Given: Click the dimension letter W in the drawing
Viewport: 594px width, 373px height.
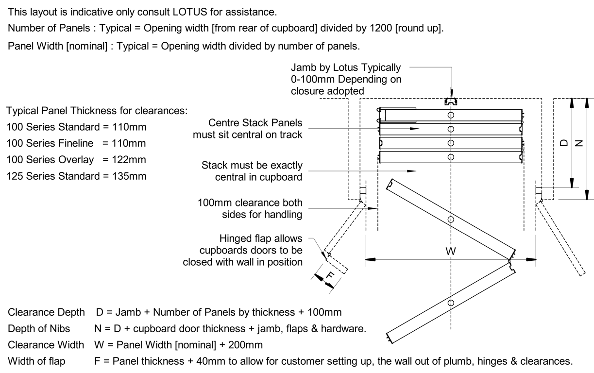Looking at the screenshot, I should tap(451, 253).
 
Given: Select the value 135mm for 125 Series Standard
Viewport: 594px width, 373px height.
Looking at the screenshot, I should tap(130, 176).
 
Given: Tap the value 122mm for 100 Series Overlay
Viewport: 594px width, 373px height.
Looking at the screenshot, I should tap(130, 160).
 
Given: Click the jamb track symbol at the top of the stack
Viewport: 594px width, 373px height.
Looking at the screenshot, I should tap(451, 102).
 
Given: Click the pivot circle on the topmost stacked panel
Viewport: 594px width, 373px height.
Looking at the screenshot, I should tap(451, 115).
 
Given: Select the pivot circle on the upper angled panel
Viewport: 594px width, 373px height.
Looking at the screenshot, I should tap(451, 220).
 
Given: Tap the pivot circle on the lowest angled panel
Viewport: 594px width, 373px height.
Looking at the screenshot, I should tap(451, 303).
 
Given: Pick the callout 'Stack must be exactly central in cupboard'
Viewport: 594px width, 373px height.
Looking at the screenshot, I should tap(252, 171).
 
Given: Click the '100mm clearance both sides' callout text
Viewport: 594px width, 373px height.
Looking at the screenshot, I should tap(250, 208).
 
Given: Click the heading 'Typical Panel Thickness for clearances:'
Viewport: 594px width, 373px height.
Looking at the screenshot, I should tap(97, 111).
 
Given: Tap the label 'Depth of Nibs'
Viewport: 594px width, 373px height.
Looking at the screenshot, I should tap(38, 329).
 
